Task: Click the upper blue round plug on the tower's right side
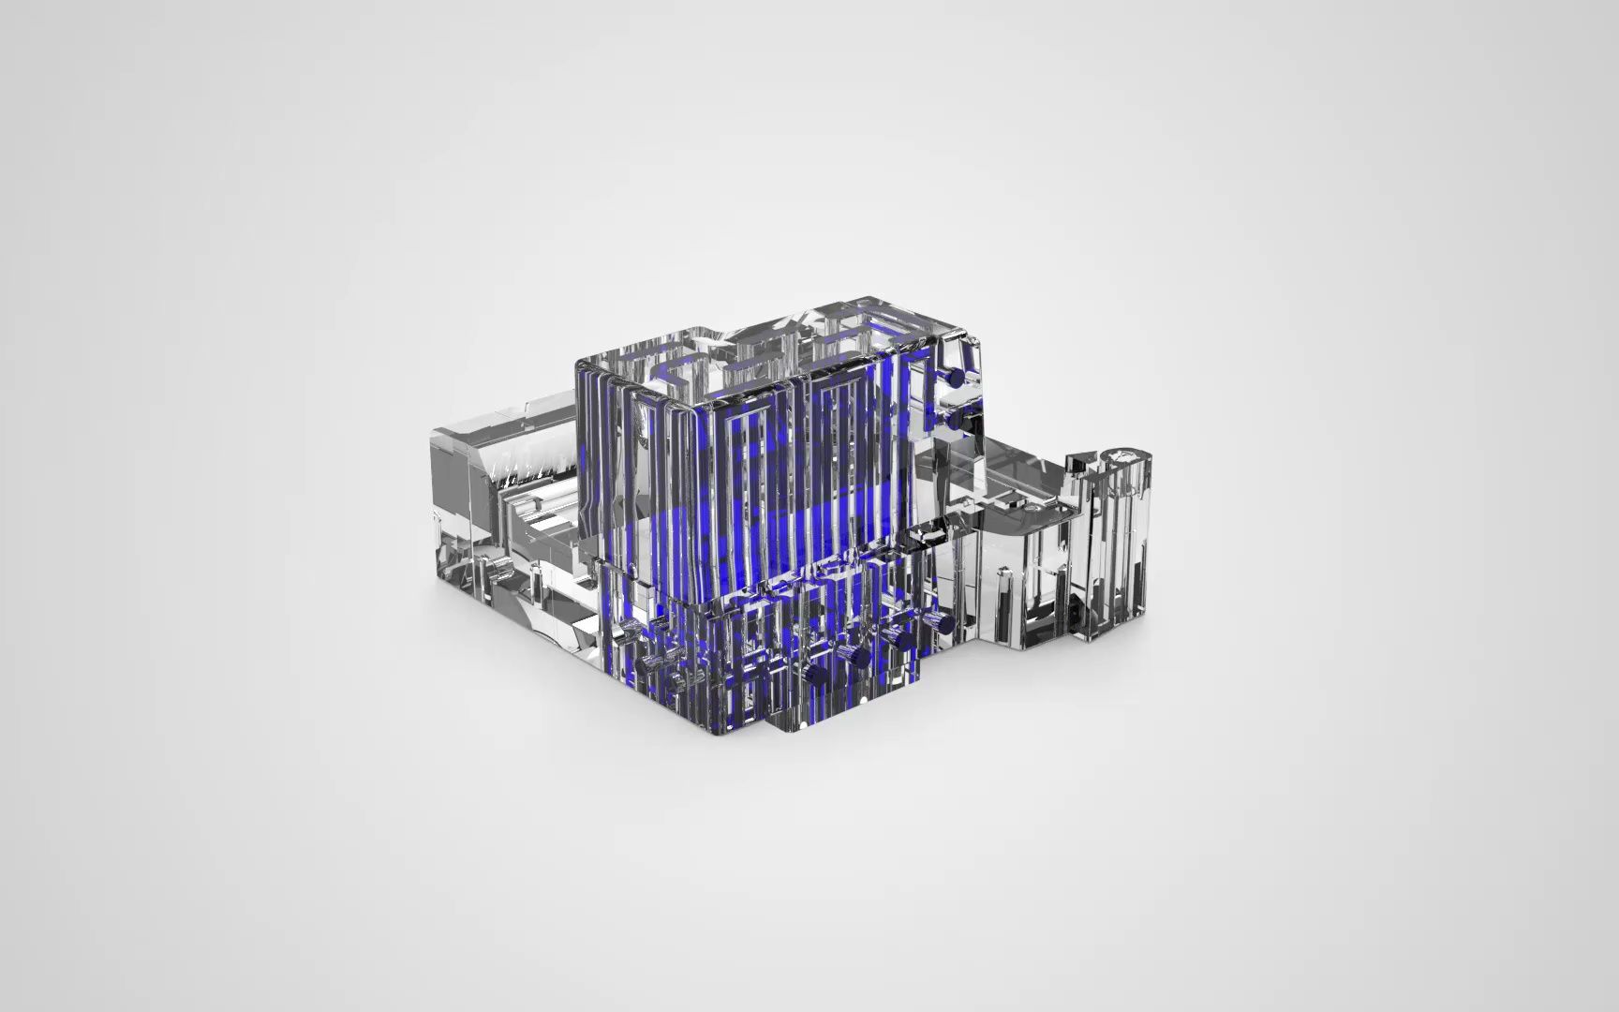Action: pos(954,377)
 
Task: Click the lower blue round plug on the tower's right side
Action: pos(953,422)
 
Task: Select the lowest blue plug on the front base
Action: pos(815,677)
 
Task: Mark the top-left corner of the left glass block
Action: pos(434,432)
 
